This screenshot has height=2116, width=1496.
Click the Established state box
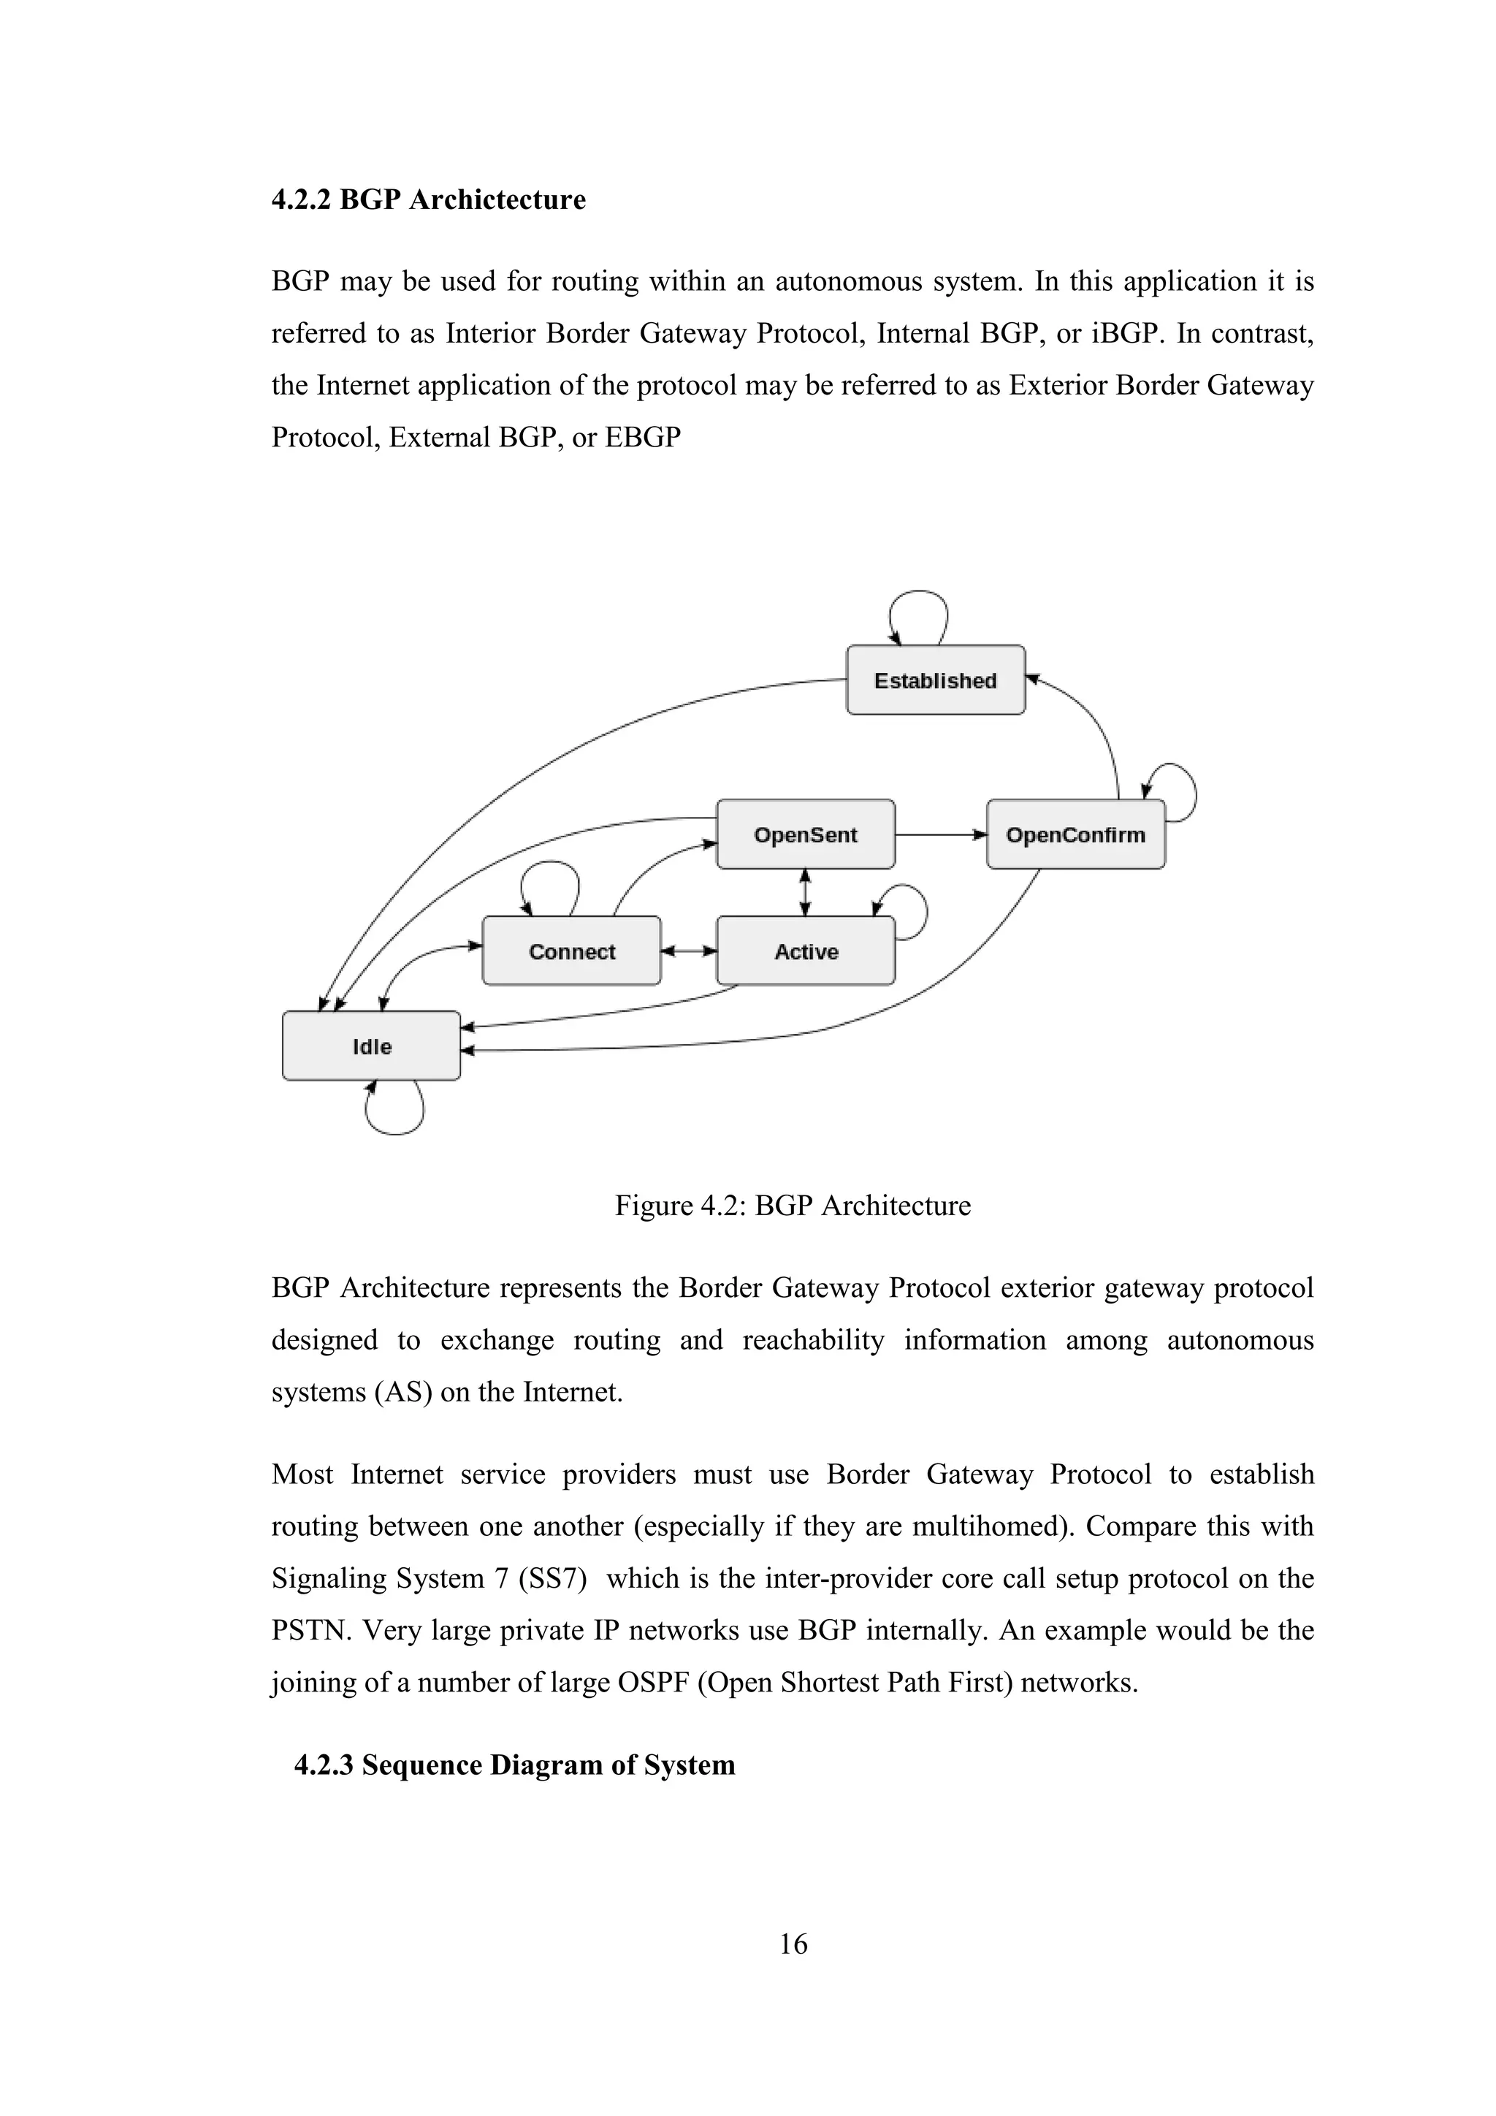(935, 680)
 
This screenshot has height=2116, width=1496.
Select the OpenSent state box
(805, 834)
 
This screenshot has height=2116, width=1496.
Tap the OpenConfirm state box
(1075, 834)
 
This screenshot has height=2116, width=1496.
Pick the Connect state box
(571, 951)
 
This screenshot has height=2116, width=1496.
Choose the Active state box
(805, 951)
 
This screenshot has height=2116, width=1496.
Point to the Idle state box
(371, 1046)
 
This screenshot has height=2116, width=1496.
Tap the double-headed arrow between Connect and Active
(689, 950)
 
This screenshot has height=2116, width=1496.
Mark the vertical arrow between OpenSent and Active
(805, 892)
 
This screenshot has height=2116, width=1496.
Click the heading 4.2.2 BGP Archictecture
(428, 199)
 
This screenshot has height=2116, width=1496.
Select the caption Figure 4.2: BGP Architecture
(793, 1206)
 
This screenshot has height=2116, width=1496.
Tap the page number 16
(793, 1944)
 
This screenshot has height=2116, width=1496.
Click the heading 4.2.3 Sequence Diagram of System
(514, 1765)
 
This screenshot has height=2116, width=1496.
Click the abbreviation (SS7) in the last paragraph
(553, 1579)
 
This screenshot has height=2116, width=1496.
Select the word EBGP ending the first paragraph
(642, 437)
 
